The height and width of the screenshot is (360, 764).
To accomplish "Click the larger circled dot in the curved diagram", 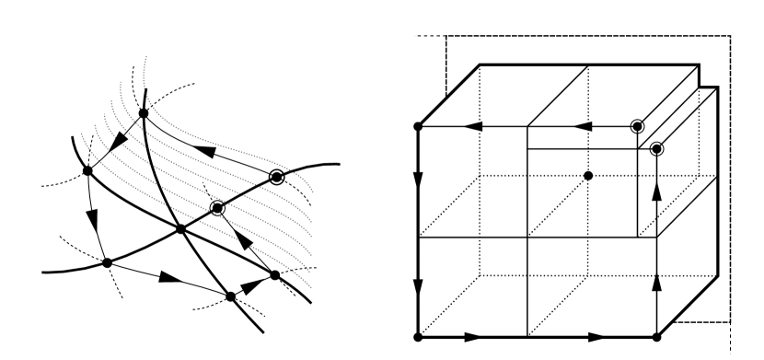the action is (275, 176).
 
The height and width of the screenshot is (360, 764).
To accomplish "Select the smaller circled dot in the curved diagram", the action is (217, 208).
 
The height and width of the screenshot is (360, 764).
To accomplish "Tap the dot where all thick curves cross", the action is (180, 227).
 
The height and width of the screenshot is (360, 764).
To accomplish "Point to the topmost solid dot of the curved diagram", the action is (143, 113).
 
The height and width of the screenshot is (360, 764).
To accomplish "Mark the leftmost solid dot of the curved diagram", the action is (87, 170).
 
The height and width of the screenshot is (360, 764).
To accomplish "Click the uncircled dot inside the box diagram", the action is (588, 175).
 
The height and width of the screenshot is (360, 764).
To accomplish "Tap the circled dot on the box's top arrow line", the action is (636, 125).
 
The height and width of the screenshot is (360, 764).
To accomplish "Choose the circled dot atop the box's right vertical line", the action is (656, 149).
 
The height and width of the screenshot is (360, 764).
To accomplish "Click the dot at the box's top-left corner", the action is (420, 125).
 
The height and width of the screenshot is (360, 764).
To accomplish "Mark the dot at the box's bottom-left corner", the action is (420, 337).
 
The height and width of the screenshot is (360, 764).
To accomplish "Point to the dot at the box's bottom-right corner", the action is (656, 337).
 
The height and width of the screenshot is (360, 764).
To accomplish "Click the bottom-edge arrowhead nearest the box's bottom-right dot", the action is (596, 337).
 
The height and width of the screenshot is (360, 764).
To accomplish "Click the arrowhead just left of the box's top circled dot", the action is (581, 125).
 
